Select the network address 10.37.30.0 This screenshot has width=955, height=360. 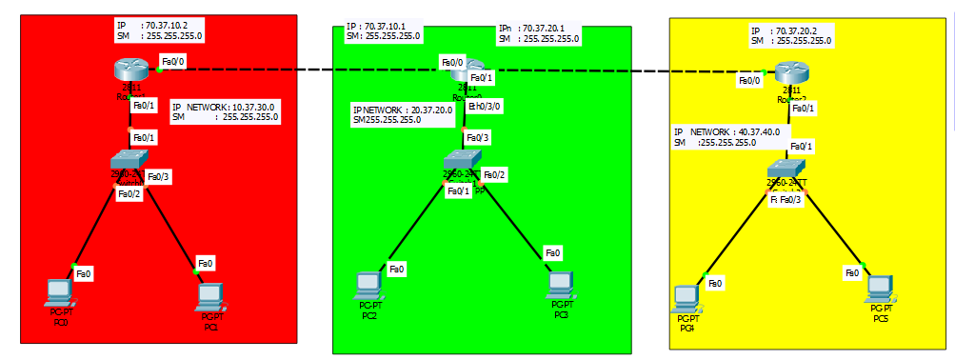(254, 107)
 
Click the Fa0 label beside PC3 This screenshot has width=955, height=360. (553, 252)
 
